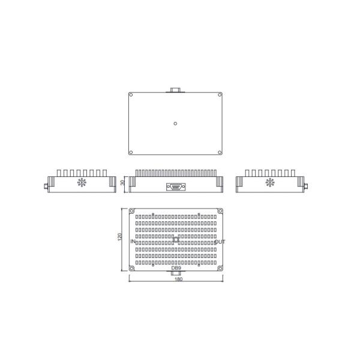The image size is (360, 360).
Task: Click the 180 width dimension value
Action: point(178,280)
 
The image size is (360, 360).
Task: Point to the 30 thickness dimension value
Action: point(123,183)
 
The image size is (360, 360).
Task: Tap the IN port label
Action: point(133,242)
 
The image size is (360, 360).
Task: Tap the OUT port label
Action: point(220,242)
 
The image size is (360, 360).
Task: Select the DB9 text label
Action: point(176,268)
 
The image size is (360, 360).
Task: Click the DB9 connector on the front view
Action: point(176,187)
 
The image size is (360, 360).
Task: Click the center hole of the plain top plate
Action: point(175,124)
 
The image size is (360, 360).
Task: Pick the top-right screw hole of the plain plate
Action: point(220,95)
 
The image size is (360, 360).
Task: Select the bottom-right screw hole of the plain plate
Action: point(220,152)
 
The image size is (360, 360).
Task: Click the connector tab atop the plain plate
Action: point(175,90)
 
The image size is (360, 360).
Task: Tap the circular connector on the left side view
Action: point(82,182)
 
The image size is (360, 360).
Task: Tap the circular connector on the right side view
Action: point(270,182)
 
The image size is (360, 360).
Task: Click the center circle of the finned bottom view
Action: point(175,239)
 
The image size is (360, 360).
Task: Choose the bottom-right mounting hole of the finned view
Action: point(220,268)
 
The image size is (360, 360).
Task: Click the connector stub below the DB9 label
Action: point(176,273)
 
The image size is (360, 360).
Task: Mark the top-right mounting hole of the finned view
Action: point(220,211)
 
